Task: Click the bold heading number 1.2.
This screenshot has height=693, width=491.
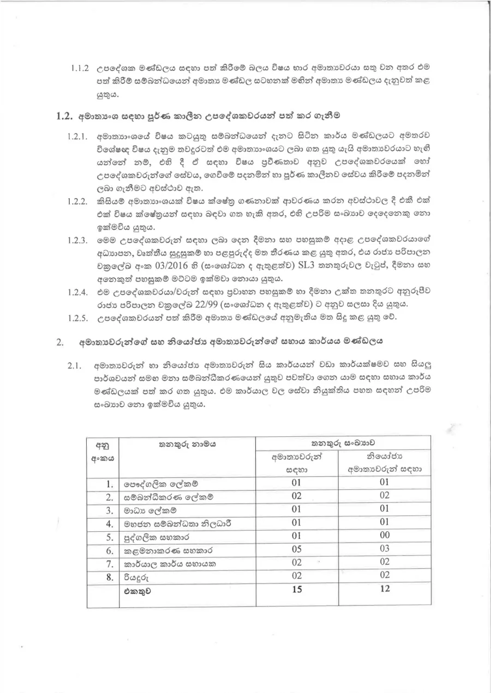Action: (x=65, y=116)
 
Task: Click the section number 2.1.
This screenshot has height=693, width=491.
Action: (x=75, y=365)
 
